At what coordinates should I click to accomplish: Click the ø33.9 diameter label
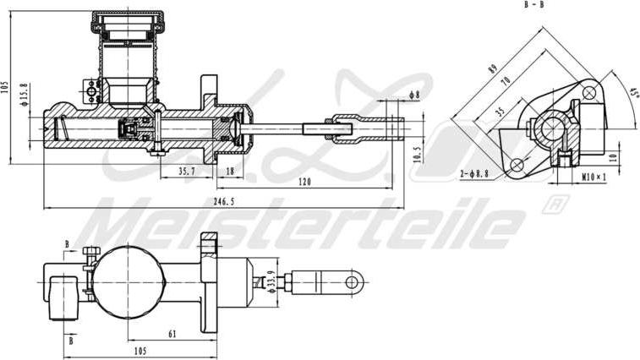[x=271, y=279]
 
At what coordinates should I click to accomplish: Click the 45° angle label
[x=633, y=90]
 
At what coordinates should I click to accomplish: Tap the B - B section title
[x=534, y=5]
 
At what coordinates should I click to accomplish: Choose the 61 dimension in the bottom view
[x=172, y=335]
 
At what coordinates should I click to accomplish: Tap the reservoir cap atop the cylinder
[x=129, y=21]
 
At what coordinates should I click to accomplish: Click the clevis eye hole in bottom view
[x=353, y=280]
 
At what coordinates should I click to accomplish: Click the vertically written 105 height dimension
[x=6, y=90]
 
